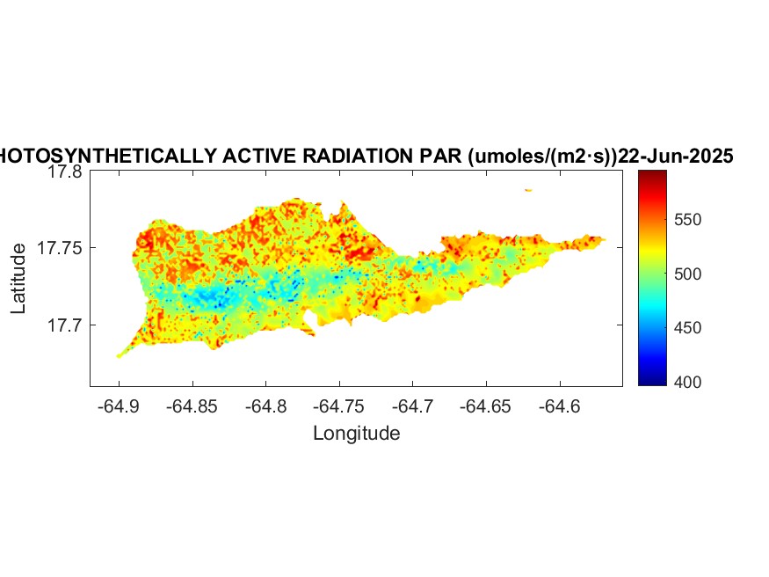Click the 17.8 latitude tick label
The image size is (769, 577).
[64, 172]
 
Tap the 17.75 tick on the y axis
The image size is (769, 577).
[61, 248]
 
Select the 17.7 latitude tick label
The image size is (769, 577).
[64, 325]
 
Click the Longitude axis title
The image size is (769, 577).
[356, 433]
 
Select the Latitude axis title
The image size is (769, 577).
[18, 280]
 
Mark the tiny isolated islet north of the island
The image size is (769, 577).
[528, 189]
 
